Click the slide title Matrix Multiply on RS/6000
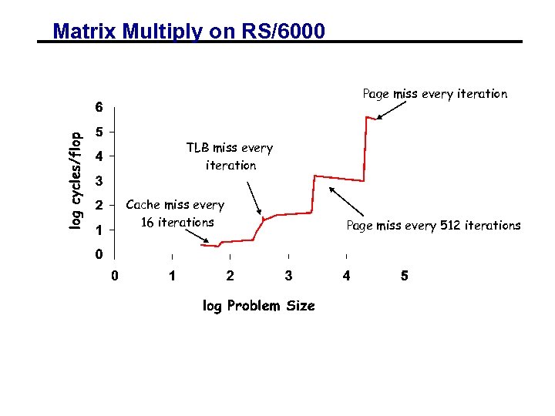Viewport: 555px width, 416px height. pos(189,32)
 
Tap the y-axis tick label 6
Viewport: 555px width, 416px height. pos(98,106)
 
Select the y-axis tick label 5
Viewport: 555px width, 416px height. pos(98,132)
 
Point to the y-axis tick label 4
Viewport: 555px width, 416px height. pos(98,156)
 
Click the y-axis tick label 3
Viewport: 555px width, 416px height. pos(98,182)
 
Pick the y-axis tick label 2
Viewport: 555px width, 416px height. pos(98,206)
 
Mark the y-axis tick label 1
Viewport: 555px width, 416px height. pos(98,230)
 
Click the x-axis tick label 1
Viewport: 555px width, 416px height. pos(172,276)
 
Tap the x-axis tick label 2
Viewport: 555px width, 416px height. pos(230,276)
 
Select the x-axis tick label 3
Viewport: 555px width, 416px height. pos(288,276)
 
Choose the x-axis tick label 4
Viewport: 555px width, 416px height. pos(347,276)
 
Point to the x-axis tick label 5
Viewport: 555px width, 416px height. pos(405,276)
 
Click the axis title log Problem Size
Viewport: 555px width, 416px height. pos(258,306)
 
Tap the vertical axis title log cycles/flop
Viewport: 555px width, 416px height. pos(76,180)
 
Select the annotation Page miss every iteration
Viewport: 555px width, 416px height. pos(435,94)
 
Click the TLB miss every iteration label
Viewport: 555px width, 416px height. pos(230,156)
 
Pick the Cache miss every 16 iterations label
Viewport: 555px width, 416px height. pos(175,213)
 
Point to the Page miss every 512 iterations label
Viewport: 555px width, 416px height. pos(433,226)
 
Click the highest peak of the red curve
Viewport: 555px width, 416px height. pos(367,116)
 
